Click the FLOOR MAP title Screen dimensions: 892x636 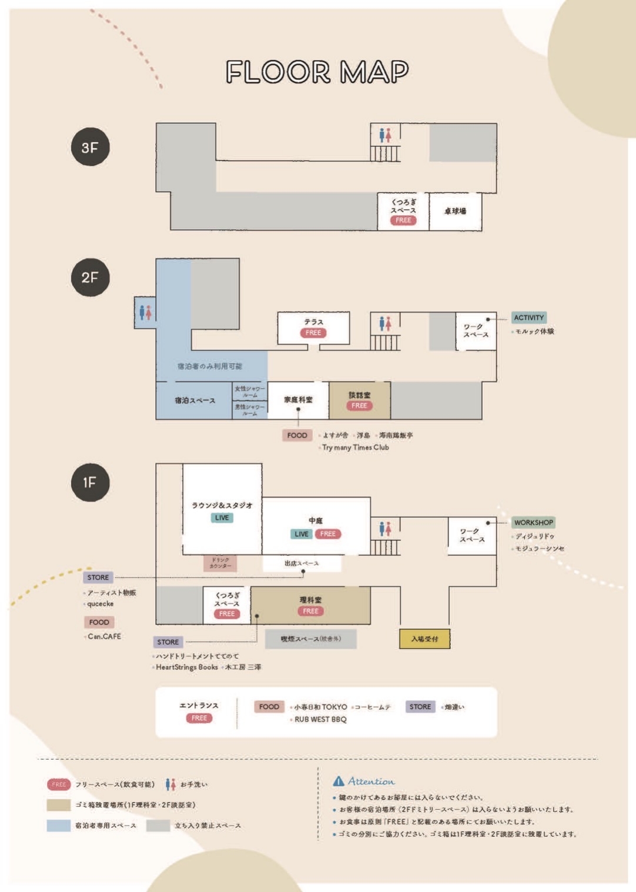point(317,72)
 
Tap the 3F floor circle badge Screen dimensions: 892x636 point(90,146)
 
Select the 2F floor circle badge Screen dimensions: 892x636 point(90,277)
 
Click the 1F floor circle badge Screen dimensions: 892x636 point(90,482)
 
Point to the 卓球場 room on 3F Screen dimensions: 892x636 point(455,211)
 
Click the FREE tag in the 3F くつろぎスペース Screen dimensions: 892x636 point(403,221)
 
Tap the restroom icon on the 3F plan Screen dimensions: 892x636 point(385,136)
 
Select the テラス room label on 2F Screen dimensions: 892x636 point(313,322)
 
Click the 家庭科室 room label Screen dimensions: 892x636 point(298,400)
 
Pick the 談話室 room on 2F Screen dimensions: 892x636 point(359,395)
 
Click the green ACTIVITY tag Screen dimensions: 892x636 point(528,318)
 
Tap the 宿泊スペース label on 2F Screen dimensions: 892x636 point(195,400)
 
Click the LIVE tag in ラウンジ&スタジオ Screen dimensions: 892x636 point(222,518)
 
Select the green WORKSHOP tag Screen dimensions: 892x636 point(533,522)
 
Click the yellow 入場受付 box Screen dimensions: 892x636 point(424,639)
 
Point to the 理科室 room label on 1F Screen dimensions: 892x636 point(310,600)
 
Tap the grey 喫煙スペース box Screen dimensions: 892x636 point(310,639)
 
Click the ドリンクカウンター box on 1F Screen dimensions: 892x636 point(220,563)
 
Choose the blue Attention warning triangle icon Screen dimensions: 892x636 point(339,781)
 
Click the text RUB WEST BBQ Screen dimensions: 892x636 point(320,719)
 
